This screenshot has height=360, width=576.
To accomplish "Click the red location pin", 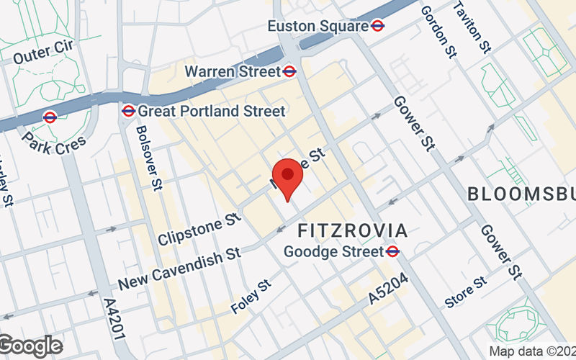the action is click(x=288, y=177).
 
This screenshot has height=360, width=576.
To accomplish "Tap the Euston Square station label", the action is click(x=318, y=26).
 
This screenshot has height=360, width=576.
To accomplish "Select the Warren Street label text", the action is click(x=232, y=71).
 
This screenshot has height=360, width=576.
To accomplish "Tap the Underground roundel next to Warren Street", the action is click(x=289, y=71).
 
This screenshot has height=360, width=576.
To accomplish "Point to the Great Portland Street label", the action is click(x=212, y=111).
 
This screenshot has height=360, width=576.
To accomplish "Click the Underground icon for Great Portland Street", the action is click(x=128, y=111).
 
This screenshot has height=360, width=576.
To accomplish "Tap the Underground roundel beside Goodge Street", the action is click(x=393, y=251).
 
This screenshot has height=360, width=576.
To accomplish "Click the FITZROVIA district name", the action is click(x=353, y=231).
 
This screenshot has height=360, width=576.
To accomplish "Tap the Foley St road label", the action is click(x=250, y=297).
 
